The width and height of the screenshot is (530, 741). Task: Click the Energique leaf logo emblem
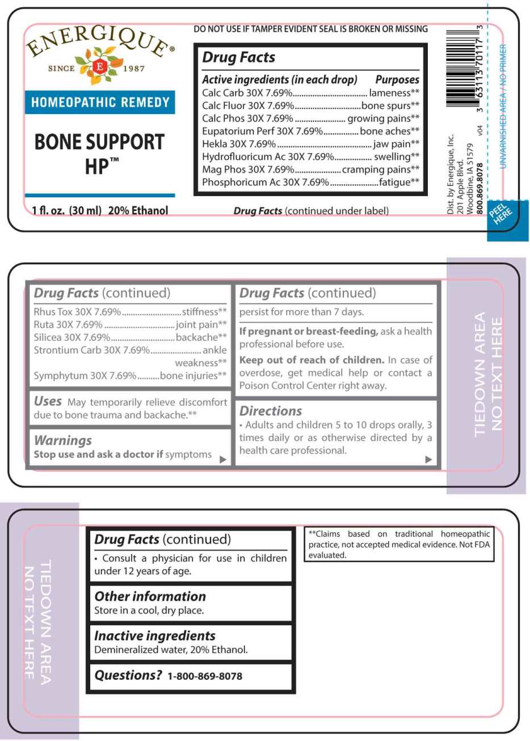click(x=100, y=66)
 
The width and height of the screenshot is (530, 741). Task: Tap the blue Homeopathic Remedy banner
click(x=100, y=103)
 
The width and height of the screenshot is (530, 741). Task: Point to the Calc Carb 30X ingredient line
click(x=247, y=93)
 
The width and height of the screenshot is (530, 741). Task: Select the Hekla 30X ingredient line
click(x=239, y=144)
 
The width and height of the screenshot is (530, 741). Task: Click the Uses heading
click(x=48, y=401)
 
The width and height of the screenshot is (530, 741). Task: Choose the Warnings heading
click(x=63, y=441)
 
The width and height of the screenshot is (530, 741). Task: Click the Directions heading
click(x=271, y=411)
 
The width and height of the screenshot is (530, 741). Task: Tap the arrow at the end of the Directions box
click(x=428, y=459)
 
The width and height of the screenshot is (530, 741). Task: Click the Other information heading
click(x=150, y=596)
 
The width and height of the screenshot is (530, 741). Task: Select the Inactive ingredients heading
click(x=155, y=636)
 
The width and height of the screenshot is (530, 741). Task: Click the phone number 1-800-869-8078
click(x=205, y=676)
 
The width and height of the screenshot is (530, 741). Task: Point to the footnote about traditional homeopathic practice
click(x=399, y=544)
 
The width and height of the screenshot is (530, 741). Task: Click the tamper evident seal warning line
click(x=310, y=29)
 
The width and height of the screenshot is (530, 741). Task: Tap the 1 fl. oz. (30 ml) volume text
click(x=67, y=211)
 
